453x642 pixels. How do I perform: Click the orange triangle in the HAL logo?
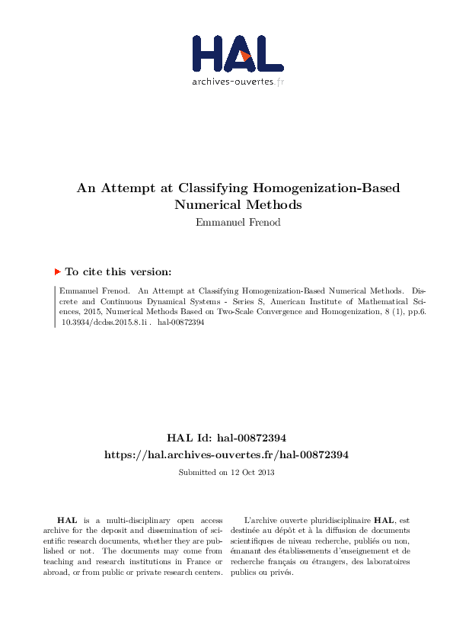click(245, 56)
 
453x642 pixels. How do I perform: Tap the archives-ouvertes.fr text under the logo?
click(238, 81)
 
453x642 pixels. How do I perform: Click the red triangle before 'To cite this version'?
click(58, 271)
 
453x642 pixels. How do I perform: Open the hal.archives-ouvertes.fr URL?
click(226, 454)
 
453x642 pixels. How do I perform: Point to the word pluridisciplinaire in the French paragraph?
click(335, 518)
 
